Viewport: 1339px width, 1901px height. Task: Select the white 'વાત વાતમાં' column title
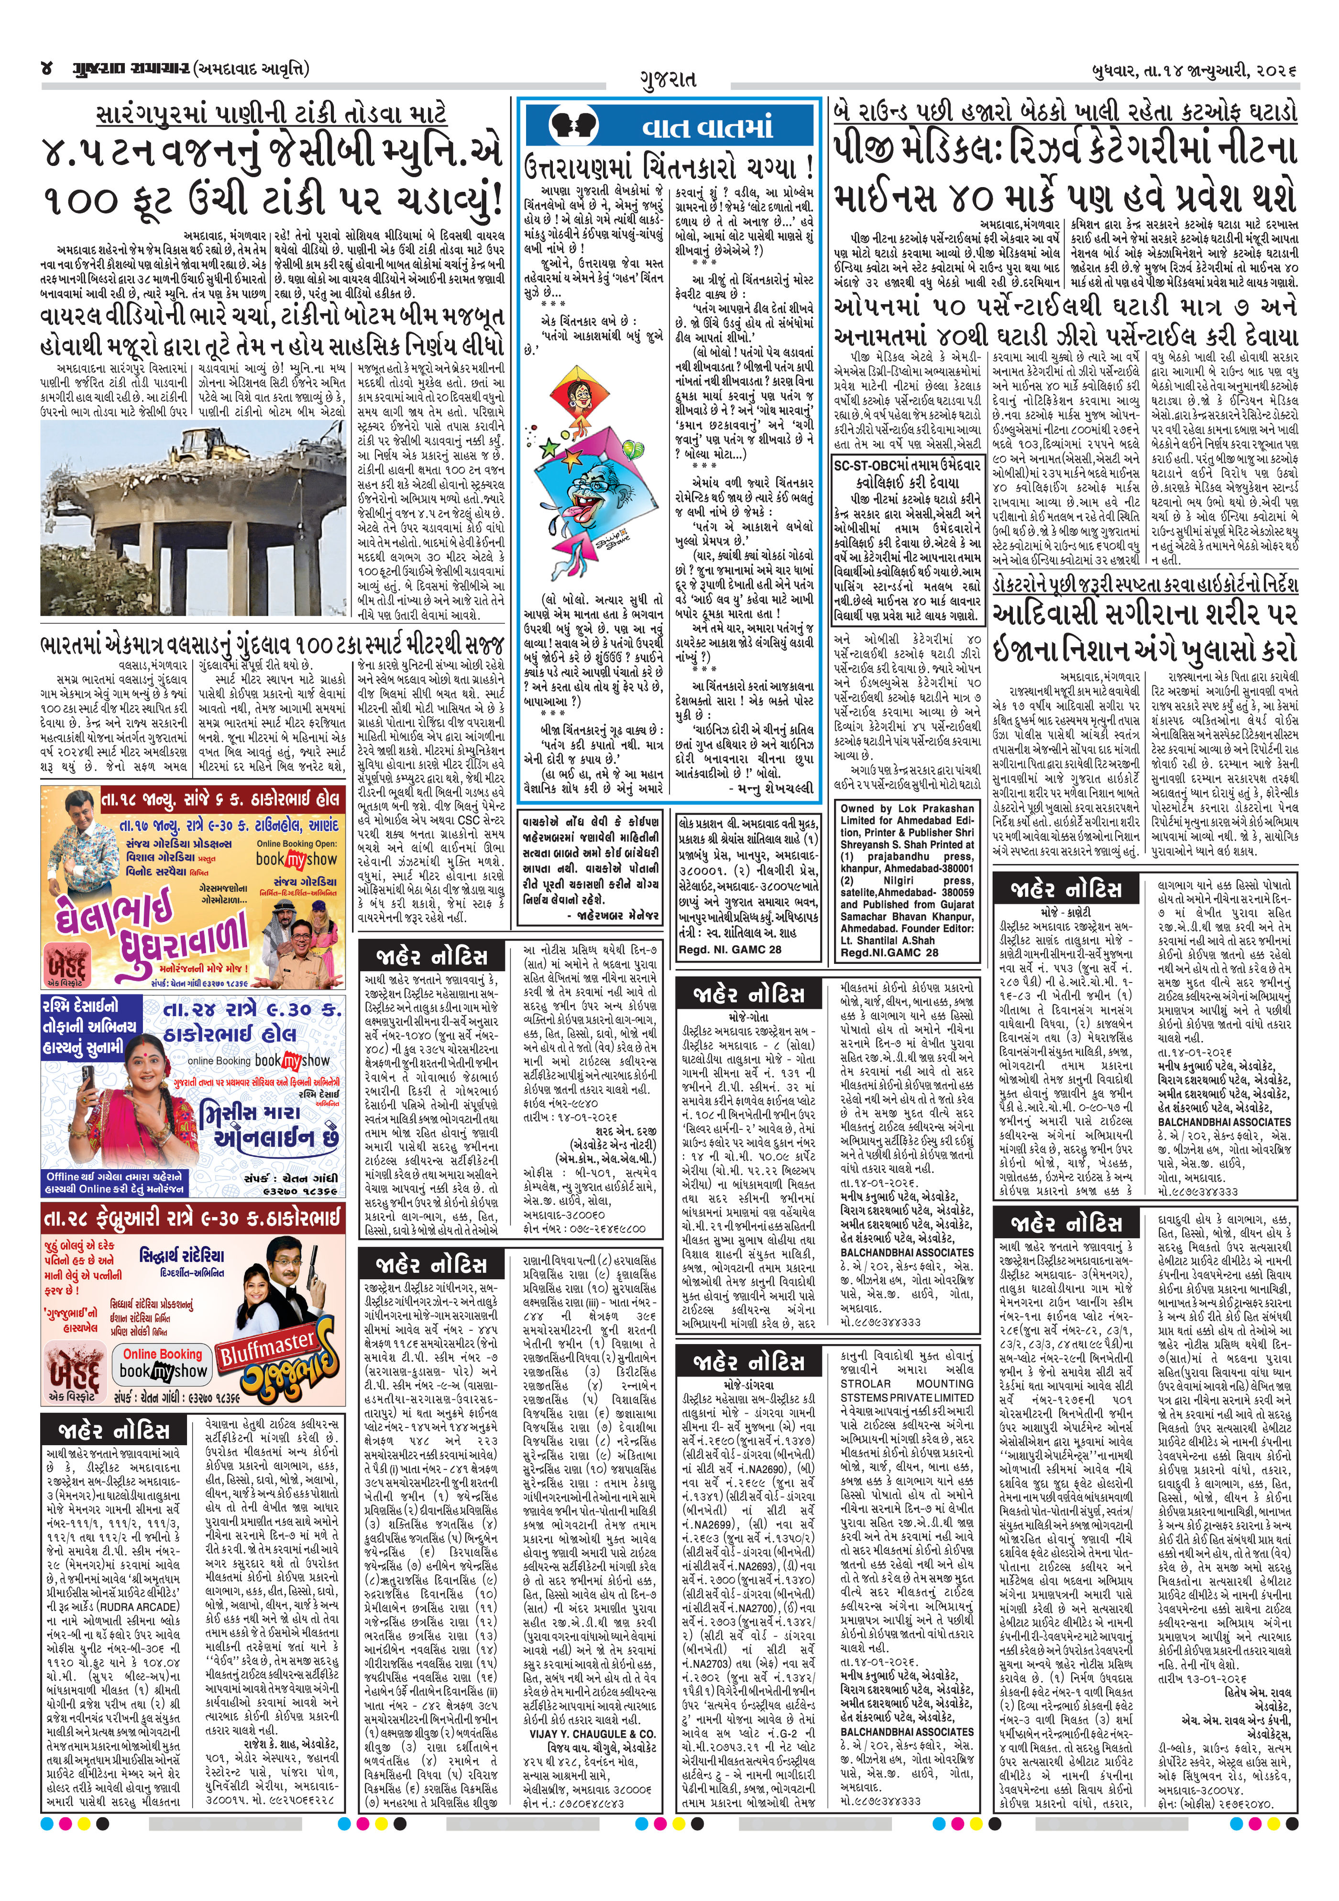(x=708, y=128)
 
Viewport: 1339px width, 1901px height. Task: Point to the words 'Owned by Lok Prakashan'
(x=907, y=808)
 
